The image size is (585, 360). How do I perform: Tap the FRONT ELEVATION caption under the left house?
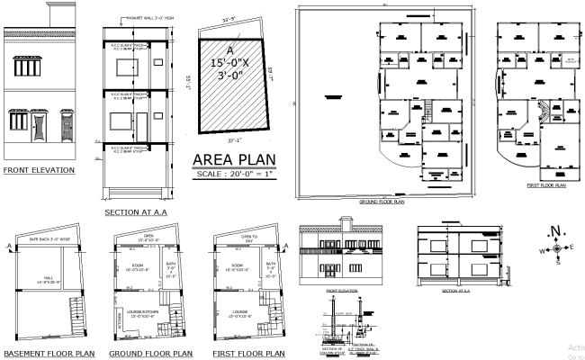click(x=38, y=169)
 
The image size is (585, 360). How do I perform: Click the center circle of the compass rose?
click(x=556, y=247)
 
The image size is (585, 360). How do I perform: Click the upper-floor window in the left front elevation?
click(x=27, y=68)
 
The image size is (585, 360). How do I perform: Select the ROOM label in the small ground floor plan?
click(x=138, y=265)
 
